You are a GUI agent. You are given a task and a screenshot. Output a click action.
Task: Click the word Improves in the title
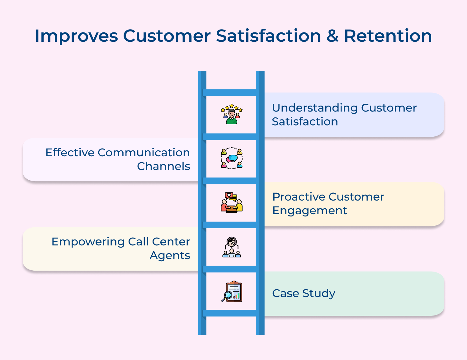click(x=76, y=36)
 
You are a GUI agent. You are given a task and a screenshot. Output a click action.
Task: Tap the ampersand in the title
click(x=332, y=36)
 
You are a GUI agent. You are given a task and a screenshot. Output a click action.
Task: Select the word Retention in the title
click(x=388, y=36)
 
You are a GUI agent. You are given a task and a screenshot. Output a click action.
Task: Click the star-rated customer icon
click(x=231, y=114)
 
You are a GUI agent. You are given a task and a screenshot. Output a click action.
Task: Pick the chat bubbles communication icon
click(x=231, y=158)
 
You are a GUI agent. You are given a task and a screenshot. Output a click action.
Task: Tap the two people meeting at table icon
click(x=231, y=202)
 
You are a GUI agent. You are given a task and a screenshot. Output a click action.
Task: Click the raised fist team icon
click(x=231, y=247)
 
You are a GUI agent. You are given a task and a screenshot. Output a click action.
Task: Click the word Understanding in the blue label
click(x=314, y=108)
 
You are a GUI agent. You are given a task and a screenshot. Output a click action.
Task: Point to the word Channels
click(x=163, y=166)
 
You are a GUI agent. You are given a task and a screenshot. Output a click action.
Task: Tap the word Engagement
click(x=309, y=211)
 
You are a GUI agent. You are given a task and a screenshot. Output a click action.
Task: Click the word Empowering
click(x=88, y=242)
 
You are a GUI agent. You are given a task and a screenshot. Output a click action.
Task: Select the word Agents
click(x=170, y=256)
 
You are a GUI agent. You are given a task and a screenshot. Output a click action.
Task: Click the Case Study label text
click(x=304, y=293)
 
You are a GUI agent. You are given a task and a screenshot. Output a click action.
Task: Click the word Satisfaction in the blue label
click(x=305, y=122)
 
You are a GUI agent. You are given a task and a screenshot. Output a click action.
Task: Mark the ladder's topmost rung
click(x=231, y=92)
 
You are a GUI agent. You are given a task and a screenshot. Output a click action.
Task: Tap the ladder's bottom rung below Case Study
click(x=231, y=313)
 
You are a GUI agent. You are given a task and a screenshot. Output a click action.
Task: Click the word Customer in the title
click(x=167, y=36)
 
